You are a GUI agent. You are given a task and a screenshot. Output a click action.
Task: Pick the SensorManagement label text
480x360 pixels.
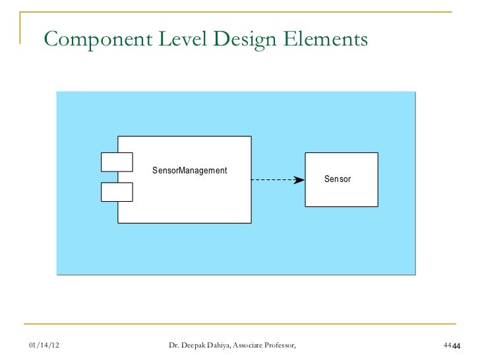(190, 171)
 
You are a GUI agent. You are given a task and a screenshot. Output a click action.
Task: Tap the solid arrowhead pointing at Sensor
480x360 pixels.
(299, 179)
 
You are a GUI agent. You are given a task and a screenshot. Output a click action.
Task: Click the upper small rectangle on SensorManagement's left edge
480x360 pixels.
(117, 161)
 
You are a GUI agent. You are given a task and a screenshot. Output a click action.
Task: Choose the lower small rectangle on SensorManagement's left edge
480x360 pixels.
(117, 191)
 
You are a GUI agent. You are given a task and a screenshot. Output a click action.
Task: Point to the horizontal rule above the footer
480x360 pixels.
(240, 324)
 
